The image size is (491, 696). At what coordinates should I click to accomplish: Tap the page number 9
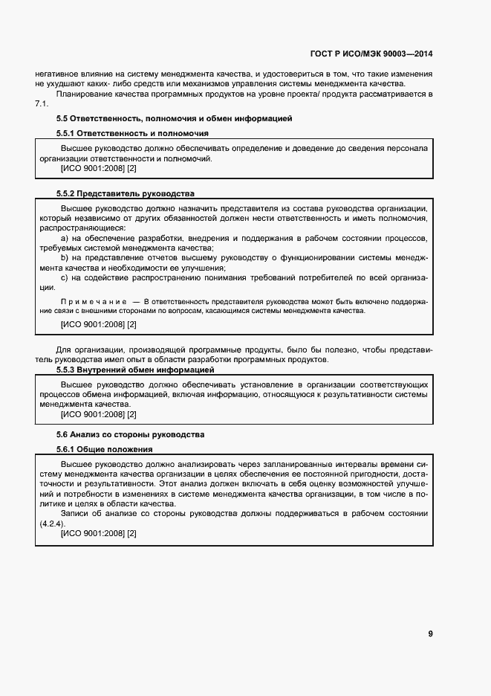coord(430,634)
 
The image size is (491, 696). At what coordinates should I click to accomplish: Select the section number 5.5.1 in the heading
coord(69,133)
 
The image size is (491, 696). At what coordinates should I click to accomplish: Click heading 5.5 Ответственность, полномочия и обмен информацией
coord(174,118)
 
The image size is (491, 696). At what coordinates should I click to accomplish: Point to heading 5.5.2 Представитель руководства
coord(126,193)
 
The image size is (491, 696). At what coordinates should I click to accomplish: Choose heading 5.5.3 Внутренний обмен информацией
coord(135,370)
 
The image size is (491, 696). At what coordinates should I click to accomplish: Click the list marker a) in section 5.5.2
coord(65,237)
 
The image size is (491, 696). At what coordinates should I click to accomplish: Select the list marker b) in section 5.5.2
coord(65,258)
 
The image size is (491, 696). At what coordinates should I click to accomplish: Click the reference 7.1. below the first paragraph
coord(42,103)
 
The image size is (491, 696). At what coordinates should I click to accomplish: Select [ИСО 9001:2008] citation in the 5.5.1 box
coord(92,169)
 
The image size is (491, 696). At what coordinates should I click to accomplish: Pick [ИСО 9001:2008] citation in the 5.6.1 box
coord(92,534)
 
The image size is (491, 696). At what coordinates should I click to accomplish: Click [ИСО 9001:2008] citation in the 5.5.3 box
coord(92,414)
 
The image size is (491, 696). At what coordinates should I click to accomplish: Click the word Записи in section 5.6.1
coord(74,514)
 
